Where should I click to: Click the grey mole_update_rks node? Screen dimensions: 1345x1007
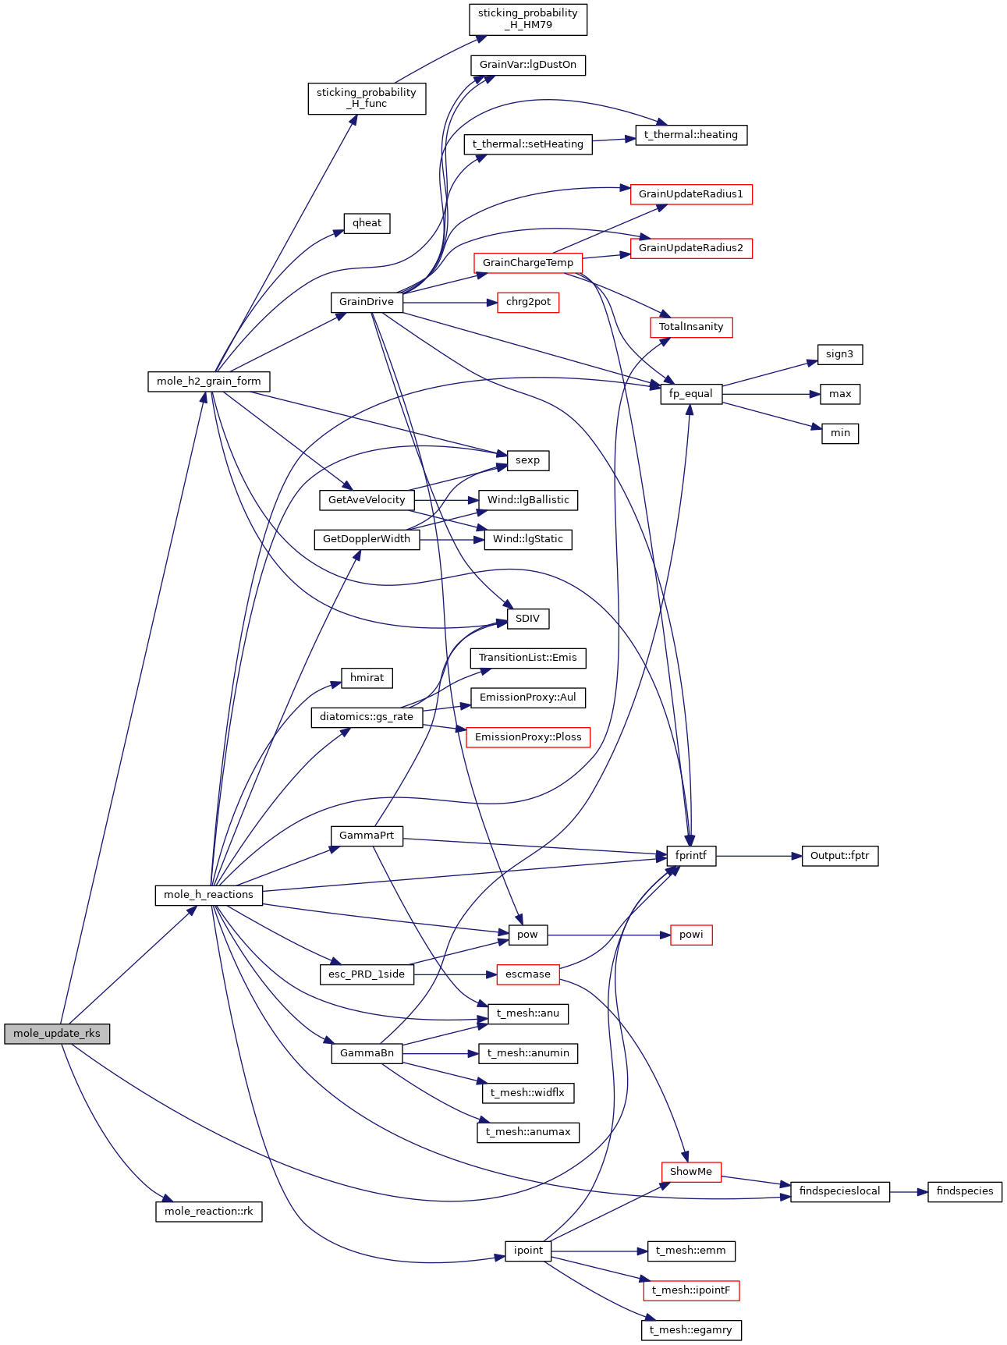tap(57, 1033)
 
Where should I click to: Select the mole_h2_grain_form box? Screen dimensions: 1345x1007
tap(208, 381)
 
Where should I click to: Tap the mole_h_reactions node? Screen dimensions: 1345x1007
tap(208, 895)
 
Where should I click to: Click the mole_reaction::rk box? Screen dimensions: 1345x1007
tap(208, 1212)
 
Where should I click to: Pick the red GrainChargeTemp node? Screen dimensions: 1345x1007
tap(527, 263)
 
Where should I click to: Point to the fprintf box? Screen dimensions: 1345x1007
tap(690, 856)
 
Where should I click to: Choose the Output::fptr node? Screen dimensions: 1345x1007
tap(840, 856)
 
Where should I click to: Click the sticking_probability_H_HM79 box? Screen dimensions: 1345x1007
tap(527, 19)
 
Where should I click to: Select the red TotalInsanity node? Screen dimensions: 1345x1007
tap(690, 327)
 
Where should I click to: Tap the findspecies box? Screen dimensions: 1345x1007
tap(964, 1191)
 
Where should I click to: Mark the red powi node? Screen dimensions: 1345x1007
tap(690, 935)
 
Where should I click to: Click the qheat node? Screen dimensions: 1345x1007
tap(367, 223)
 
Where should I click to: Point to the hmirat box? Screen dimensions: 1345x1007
tap(367, 678)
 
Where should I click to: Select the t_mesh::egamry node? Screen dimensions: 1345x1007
tap(690, 1330)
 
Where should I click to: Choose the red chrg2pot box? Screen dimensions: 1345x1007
tap(527, 302)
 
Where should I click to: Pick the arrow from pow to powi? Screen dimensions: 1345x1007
tap(608, 935)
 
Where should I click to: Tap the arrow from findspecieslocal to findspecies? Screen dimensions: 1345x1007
tap(908, 1191)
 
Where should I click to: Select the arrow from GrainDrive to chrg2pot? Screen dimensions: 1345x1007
tap(449, 302)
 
